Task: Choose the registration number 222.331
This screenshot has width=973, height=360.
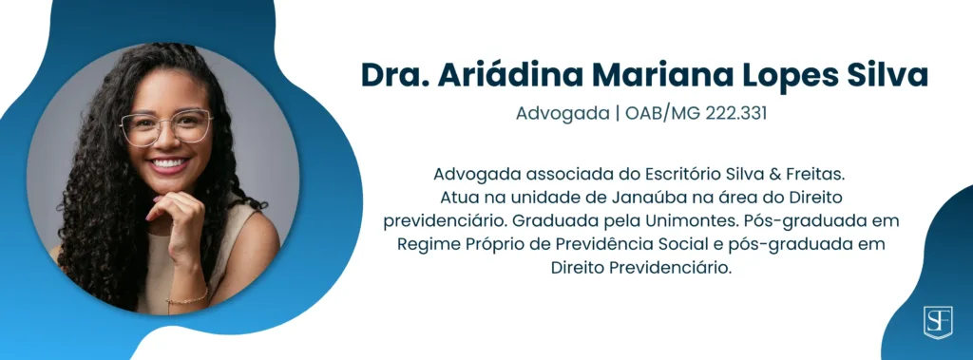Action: pyautogui.click(x=736, y=115)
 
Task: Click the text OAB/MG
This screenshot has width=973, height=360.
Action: pyautogui.click(x=662, y=115)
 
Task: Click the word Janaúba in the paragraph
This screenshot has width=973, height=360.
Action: pyautogui.click(x=641, y=198)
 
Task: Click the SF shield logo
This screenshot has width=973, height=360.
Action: pyautogui.click(x=938, y=321)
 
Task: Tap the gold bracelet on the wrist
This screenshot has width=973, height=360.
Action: pyautogui.click(x=187, y=299)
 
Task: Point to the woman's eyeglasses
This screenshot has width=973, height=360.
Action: pyautogui.click(x=166, y=126)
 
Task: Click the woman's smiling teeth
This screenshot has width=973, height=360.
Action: pyautogui.click(x=170, y=164)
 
